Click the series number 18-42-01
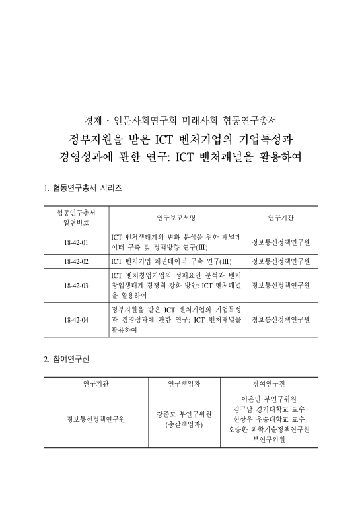[x=77, y=242]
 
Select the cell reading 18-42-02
[x=77, y=261]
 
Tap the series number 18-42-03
[x=77, y=285]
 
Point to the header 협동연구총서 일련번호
[x=77, y=218]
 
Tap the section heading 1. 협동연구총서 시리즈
[x=83, y=188]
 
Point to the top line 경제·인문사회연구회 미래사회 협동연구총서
[x=180, y=121]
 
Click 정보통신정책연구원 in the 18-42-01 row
[x=281, y=242]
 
